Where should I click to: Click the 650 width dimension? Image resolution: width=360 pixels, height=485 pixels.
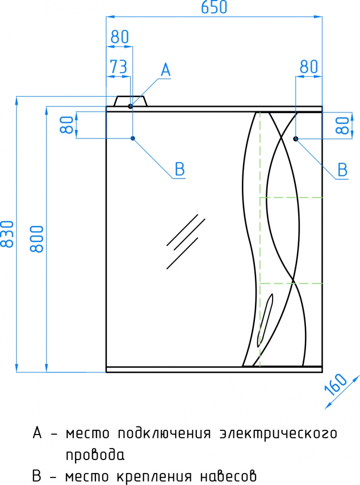(x=214, y=7)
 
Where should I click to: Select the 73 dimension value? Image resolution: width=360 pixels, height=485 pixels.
(x=119, y=66)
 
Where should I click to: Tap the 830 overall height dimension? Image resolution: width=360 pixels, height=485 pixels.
(x=7, y=234)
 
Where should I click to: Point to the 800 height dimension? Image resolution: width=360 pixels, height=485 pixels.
(x=37, y=239)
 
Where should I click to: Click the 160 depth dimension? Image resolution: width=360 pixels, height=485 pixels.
(x=336, y=385)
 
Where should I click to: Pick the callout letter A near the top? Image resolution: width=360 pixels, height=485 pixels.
(x=166, y=70)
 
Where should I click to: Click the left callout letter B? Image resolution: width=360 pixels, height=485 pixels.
(x=180, y=169)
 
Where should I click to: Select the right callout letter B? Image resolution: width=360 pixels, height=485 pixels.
(x=343, y=170)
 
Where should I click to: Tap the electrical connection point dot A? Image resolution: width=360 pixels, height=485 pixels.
(x=130, y=106)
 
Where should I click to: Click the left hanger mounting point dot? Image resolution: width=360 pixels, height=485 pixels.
(x=132, y=138)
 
